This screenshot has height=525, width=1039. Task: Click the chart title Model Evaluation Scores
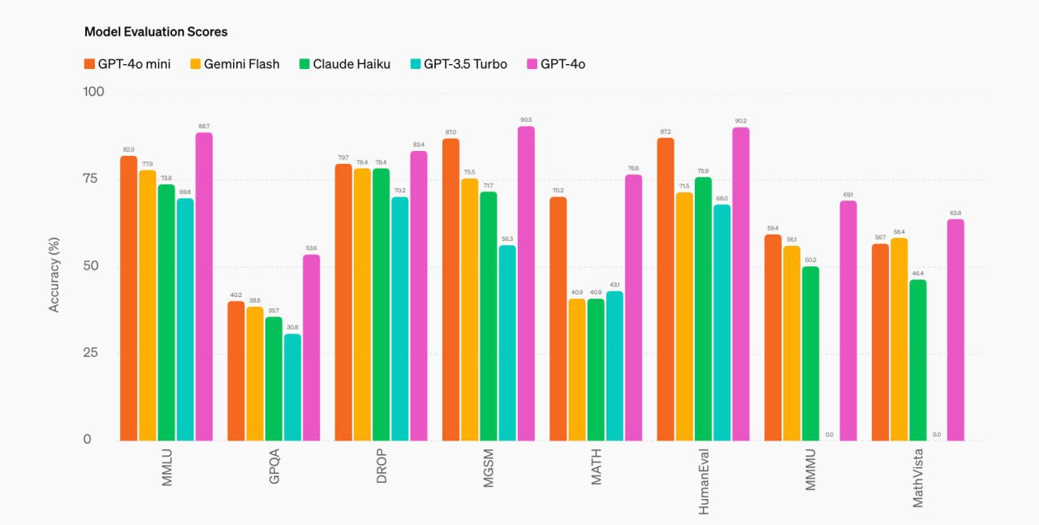coord(156,32)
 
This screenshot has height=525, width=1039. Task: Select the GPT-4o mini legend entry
coord(127,64)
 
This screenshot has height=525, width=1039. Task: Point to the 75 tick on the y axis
coord(94,179)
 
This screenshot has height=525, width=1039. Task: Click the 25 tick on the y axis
coord(94,353)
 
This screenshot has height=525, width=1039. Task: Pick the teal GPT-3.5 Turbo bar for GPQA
coord(292,387)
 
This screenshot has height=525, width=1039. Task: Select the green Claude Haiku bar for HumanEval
coord(702,309)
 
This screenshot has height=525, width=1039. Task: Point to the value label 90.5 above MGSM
coord(526,120)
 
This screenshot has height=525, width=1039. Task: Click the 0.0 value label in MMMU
coord(829,435)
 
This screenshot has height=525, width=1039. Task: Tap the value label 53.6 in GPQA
coord(312,248)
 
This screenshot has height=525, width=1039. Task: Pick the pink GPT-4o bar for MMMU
coord(848,321)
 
